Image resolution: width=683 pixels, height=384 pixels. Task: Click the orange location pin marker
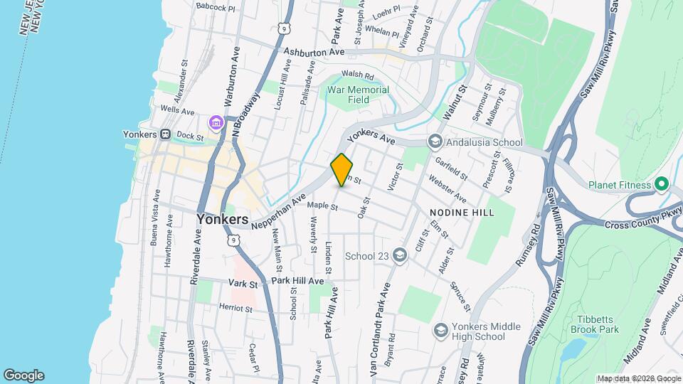[x=342, y=169]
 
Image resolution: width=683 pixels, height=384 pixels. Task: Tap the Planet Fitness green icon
[x=662, y=185]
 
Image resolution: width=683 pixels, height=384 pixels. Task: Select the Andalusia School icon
[x=434, y=142]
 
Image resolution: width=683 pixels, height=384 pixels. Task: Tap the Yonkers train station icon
[x=165, y=134]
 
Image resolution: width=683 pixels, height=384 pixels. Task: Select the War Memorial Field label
[x=358, y=95]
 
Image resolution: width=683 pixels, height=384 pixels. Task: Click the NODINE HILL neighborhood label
[x=462, y=213]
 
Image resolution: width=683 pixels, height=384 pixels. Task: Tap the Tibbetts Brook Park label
[x=594, y=324]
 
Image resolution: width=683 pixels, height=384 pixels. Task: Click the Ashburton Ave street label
[x=314, y=52]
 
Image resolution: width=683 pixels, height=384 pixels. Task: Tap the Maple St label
[x=322, y=207]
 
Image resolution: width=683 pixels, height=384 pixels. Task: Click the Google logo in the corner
[x=23, y=375]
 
